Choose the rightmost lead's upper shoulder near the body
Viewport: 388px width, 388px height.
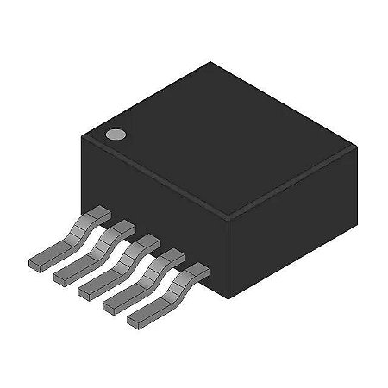click(x=197, y=268)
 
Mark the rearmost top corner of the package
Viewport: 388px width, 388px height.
click(x=207, y=62)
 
